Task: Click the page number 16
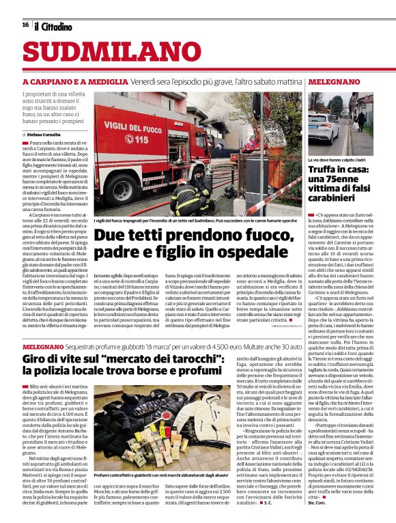pos(25,25)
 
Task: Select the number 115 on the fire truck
pos(141,139)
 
